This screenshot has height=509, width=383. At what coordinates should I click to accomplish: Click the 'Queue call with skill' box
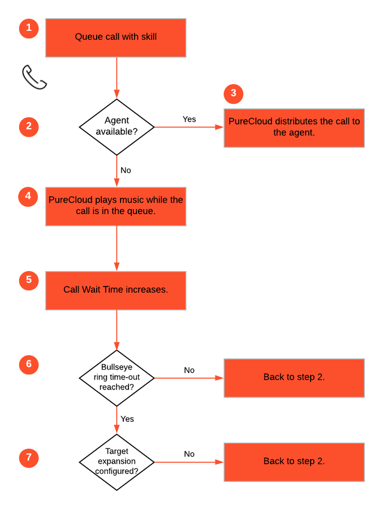pos(116,38)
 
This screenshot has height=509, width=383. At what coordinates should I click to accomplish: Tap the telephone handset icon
pos(34,77)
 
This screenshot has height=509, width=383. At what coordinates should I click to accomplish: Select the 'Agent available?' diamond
pos(117,127)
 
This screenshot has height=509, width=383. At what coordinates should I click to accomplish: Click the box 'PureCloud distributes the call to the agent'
pos(294,128)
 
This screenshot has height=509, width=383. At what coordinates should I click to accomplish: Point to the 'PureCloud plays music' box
pos(116,207)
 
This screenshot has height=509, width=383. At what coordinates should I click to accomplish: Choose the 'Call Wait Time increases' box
pos(116,290)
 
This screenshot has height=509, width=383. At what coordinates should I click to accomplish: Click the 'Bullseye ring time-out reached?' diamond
pos(117,378)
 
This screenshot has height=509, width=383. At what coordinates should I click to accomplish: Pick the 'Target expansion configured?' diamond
pos(117,462)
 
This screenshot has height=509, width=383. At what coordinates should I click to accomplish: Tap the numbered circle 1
pos(29,28)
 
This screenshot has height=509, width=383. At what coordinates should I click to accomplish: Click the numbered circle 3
pos(234,94)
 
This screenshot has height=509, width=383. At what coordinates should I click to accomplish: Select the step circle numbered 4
pos(28,196)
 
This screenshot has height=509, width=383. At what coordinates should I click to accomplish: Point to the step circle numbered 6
pos(29,364)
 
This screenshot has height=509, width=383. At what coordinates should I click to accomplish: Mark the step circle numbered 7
pos(29,457)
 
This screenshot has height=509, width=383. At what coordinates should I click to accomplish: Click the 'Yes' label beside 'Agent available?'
pos(189,119)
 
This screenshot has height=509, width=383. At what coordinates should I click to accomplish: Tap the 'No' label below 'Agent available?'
pos(126,170)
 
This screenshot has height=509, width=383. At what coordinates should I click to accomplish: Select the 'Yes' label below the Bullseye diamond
pos(127,419)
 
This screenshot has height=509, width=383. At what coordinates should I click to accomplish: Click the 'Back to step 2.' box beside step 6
pos(294,378)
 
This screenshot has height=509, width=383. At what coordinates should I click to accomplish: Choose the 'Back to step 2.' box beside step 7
pos(294,462)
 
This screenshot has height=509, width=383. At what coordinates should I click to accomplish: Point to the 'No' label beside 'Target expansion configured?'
pos(189,454)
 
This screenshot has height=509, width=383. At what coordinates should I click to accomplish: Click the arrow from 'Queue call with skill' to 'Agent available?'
pos(117,78)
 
